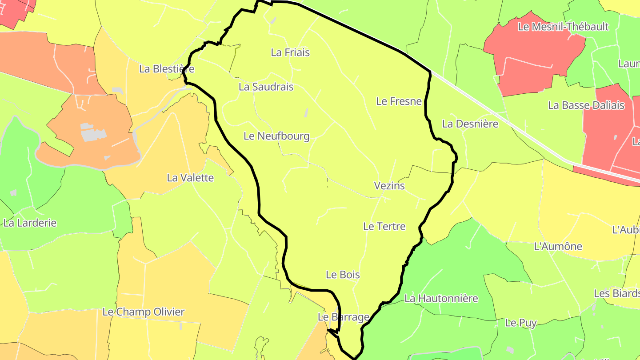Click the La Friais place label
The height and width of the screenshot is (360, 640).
(x=290, y=52)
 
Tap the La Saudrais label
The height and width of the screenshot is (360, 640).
(x=266, y=87)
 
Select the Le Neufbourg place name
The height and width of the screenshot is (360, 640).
(x=276, y=136)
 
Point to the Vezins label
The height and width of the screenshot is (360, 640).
(x=389, y=185)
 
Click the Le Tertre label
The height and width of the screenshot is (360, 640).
(x=384, y=226)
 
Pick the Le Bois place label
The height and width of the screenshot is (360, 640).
(x=343, y=275)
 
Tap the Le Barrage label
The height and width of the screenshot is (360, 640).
(x=344, y=317)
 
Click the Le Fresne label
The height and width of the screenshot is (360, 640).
(x=399, y=101)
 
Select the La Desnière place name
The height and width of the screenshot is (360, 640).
(x=470, y=124)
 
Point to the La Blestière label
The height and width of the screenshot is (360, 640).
(x=167, y=69)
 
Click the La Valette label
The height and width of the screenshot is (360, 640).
(x=190, y=178)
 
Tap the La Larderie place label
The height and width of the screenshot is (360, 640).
(x=30, y=223)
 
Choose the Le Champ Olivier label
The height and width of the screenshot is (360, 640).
(x=143, y=312)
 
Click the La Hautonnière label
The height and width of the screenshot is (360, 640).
(x=441, y=298)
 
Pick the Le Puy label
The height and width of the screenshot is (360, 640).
(x=521, y=323)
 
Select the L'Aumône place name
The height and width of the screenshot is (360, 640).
(x=557, y=246)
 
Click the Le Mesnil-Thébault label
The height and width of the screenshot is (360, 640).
(x=563, y=27)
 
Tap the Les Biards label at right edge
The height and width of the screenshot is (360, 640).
(x=617, y=293)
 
